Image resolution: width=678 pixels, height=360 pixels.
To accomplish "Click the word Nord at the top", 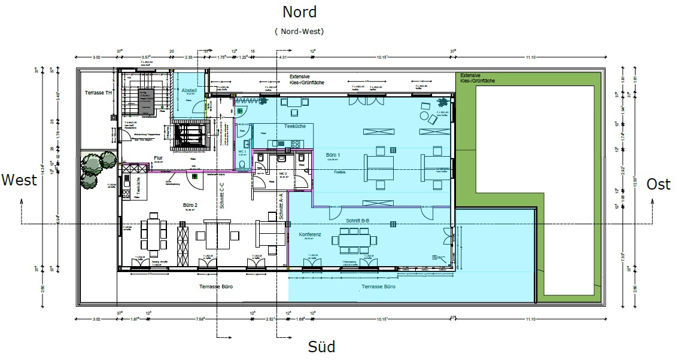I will tap(300, 11).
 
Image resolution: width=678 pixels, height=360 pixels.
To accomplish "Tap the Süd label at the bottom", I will tap(321, 346).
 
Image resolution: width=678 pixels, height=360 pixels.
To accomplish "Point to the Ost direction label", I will tap(658, 184).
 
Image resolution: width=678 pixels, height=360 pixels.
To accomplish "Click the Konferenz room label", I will tap(310, 235).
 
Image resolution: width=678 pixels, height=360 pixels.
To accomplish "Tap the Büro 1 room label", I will tap(333, 155).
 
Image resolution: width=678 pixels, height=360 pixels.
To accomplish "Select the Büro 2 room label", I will tap(191, 205).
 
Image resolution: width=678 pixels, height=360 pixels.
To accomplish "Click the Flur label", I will tap(158, 158).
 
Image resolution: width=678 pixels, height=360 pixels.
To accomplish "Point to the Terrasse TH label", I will tap(98, 93).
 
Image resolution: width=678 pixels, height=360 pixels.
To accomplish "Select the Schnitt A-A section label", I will tap(280, 207).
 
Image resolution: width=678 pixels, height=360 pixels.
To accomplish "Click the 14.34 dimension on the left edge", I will tap(41, 172).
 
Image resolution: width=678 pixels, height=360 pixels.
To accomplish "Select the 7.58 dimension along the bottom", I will tap(200, 319).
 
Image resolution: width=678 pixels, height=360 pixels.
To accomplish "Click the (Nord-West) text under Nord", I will tap(300, 30).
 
